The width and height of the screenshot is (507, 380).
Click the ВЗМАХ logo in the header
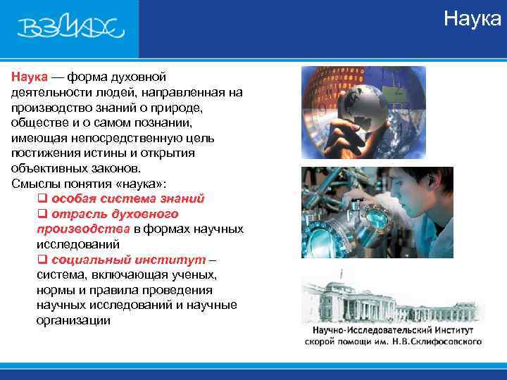click(x=70, y=29)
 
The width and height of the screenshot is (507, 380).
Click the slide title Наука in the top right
click(x=472, y=19)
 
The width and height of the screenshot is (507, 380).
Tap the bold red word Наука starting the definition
click(x=29, y=77)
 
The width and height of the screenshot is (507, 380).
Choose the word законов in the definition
click(x=115, y=168)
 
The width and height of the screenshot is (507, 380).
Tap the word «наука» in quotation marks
click(x=141, y=184)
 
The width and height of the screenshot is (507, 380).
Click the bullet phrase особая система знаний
click(x=127, y=198)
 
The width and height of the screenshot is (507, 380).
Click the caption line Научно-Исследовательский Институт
click(x=392, y=330)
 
